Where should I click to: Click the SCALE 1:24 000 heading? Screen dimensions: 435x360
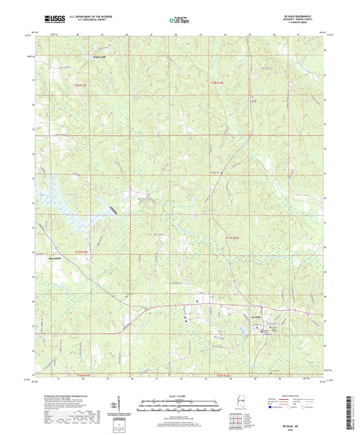pyautogui.click(x=179, y=395)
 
